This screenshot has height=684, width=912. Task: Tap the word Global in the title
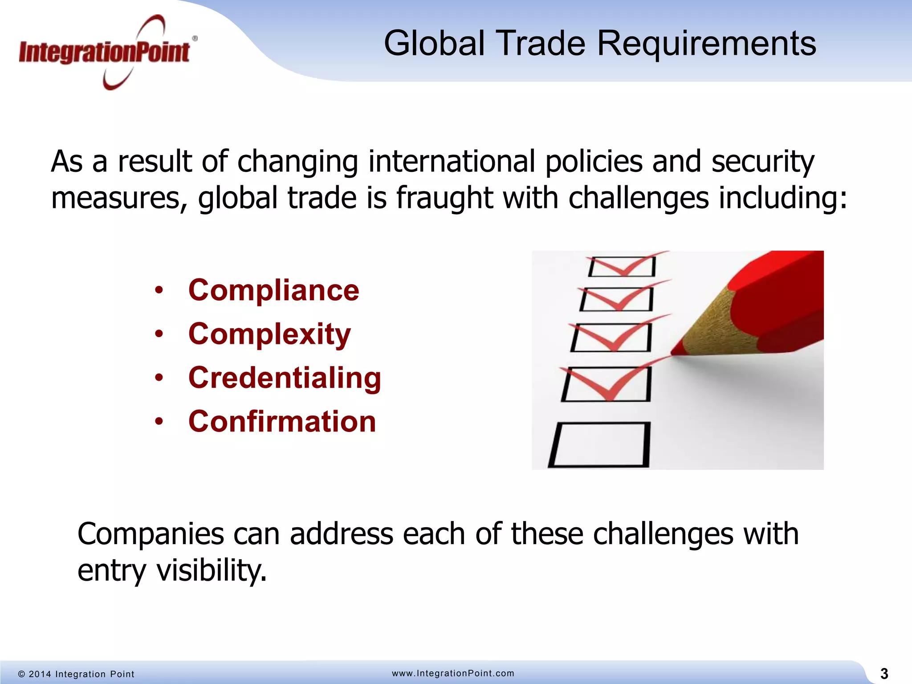434,44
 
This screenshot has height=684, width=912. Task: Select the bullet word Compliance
273,290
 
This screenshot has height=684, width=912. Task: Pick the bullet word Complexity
269,334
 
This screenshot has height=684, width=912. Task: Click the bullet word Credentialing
285,378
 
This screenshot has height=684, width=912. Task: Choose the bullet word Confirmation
282,421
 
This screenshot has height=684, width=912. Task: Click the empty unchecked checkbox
599,444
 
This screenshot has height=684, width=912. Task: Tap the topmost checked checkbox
622,267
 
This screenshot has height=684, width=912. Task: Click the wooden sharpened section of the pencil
717,325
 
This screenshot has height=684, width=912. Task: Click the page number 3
884,674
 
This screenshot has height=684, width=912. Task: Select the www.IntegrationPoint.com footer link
453,673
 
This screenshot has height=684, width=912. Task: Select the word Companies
151,534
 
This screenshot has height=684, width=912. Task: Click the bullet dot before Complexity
159,334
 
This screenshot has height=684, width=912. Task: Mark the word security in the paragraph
762,162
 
